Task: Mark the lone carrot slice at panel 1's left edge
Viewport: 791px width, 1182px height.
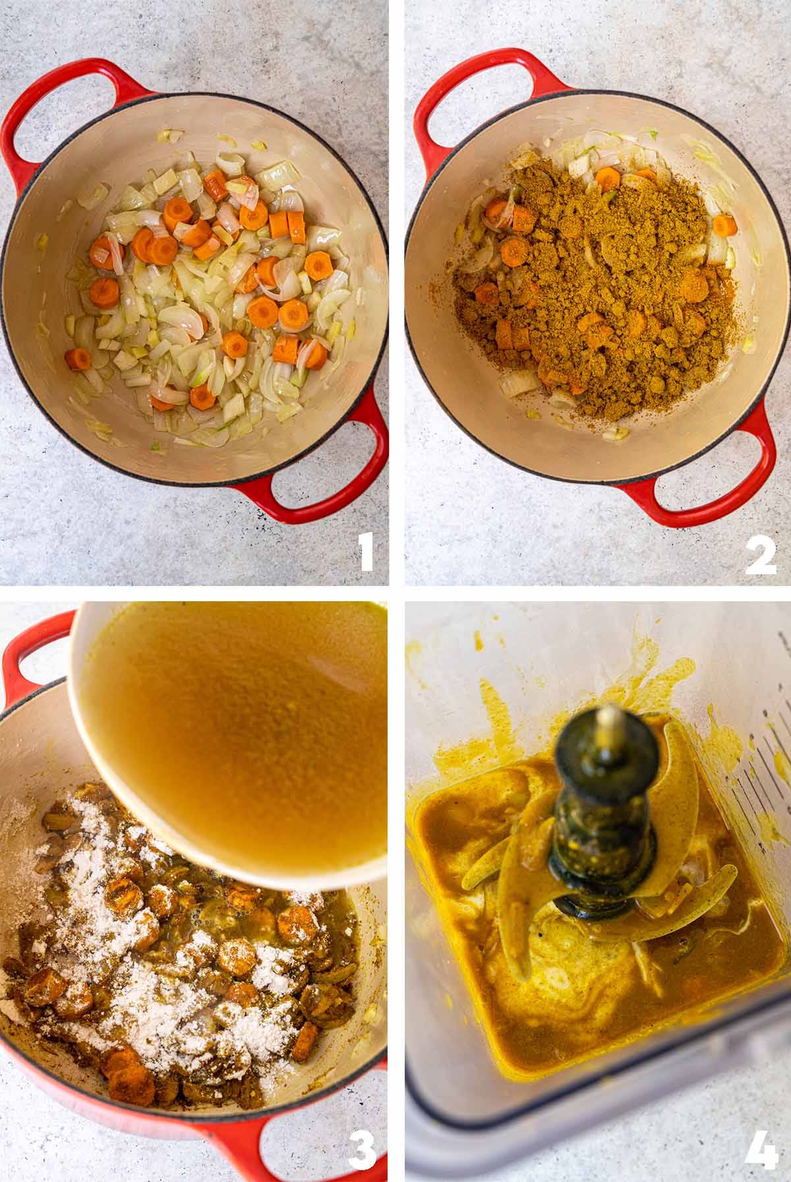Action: (78, 359)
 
